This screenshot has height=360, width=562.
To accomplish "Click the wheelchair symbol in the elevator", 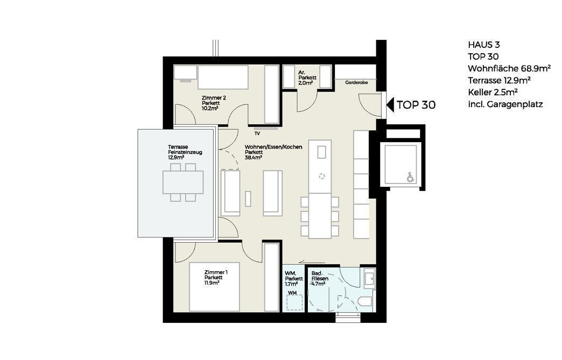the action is click(410, 177).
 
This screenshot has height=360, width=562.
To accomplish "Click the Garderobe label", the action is click(356, 82).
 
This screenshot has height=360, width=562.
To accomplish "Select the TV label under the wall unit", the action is click(257, 133).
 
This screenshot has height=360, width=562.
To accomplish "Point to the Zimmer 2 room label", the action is click(214, 98).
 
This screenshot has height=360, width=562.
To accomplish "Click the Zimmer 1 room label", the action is click(216, 272).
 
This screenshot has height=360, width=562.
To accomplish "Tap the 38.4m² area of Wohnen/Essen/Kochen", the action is click(254, 157).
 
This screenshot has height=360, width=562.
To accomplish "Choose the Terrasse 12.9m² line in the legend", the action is click(499, 80).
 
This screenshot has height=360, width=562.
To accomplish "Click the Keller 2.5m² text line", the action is click(493, 92).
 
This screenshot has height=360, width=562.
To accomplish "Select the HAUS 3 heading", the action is click(484, 45).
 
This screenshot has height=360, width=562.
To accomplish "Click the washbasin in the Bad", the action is click(369, 278).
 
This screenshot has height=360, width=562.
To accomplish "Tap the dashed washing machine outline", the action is click(295, 302).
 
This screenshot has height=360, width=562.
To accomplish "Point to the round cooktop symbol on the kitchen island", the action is click(322, 177).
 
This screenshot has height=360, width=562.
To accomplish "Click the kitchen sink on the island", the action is click(321, 152).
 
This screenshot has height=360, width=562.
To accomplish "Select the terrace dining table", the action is click(183, 182).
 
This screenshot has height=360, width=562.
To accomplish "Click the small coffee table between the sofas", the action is click(248, 199).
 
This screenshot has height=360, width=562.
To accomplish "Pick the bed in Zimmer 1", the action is click(214, 287).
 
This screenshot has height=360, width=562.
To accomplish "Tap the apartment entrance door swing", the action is click(370, 104).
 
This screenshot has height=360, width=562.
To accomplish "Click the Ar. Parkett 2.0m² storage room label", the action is click(307, 77).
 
